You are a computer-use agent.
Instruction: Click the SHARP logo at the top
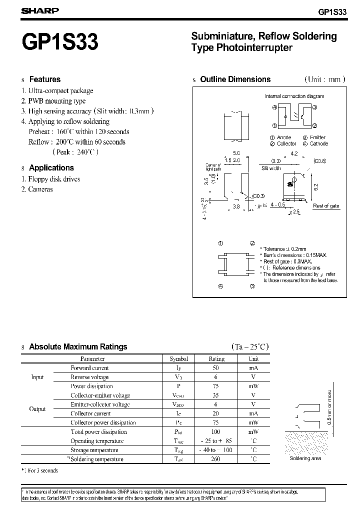tap(39, 10)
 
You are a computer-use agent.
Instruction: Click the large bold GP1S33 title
tap(59, 42)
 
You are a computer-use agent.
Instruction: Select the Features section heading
tap(44, 79)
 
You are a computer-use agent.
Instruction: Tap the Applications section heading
tap(51, 168)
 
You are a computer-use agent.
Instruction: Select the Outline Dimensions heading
tap(235, 79)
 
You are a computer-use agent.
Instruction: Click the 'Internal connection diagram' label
tap(294, 96)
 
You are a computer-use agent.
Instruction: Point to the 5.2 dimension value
tap(316, 186)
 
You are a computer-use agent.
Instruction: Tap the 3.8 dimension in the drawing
tap(236, 206)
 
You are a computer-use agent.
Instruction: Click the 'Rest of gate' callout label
tap(326, 206)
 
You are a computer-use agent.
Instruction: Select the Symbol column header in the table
tap(178, 358)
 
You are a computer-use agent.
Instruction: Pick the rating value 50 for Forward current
tap(216, 368)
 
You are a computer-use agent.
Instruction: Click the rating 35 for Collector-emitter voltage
tap(216, 395)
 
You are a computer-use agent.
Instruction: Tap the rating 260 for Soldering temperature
tap(216, 459)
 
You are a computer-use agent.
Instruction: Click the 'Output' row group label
tap(37, 409)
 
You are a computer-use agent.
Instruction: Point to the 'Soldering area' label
tap(305, 458)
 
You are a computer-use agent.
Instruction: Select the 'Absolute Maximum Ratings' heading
tap(78, 346)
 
